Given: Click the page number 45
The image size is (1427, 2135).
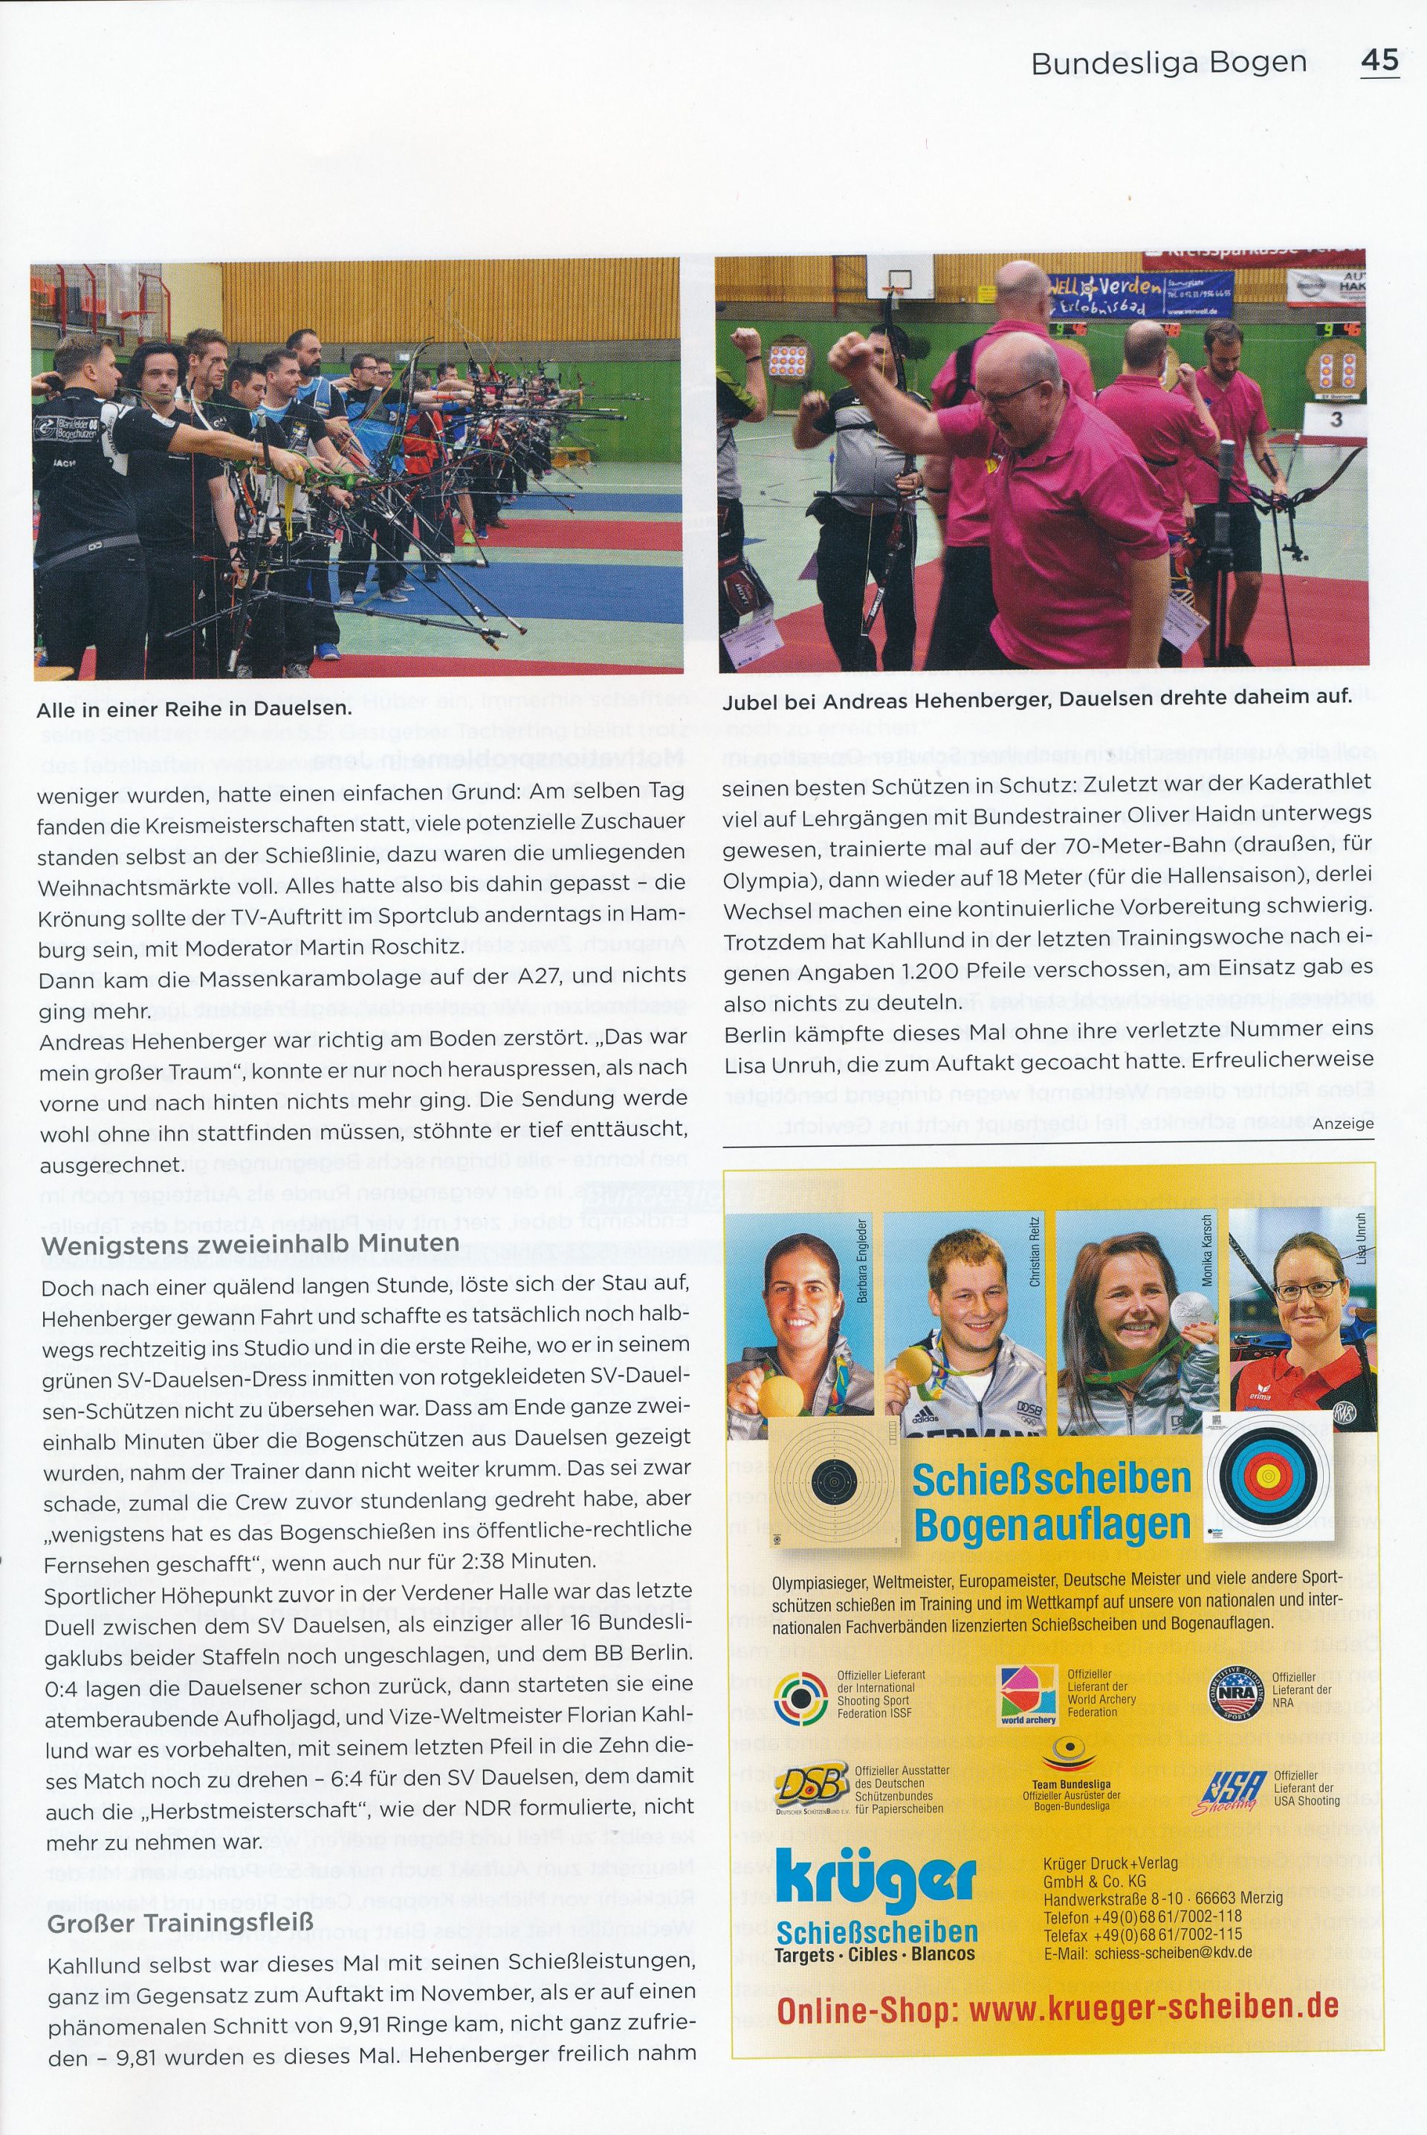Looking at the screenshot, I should point(1379,60).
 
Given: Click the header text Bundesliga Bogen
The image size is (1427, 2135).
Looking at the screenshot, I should point(1168,62).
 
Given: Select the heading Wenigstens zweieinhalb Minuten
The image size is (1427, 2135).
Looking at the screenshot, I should point(250,1243).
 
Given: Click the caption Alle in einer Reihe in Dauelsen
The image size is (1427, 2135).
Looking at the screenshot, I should point(193,709).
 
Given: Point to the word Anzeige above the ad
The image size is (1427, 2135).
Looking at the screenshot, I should point(1342,1124).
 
